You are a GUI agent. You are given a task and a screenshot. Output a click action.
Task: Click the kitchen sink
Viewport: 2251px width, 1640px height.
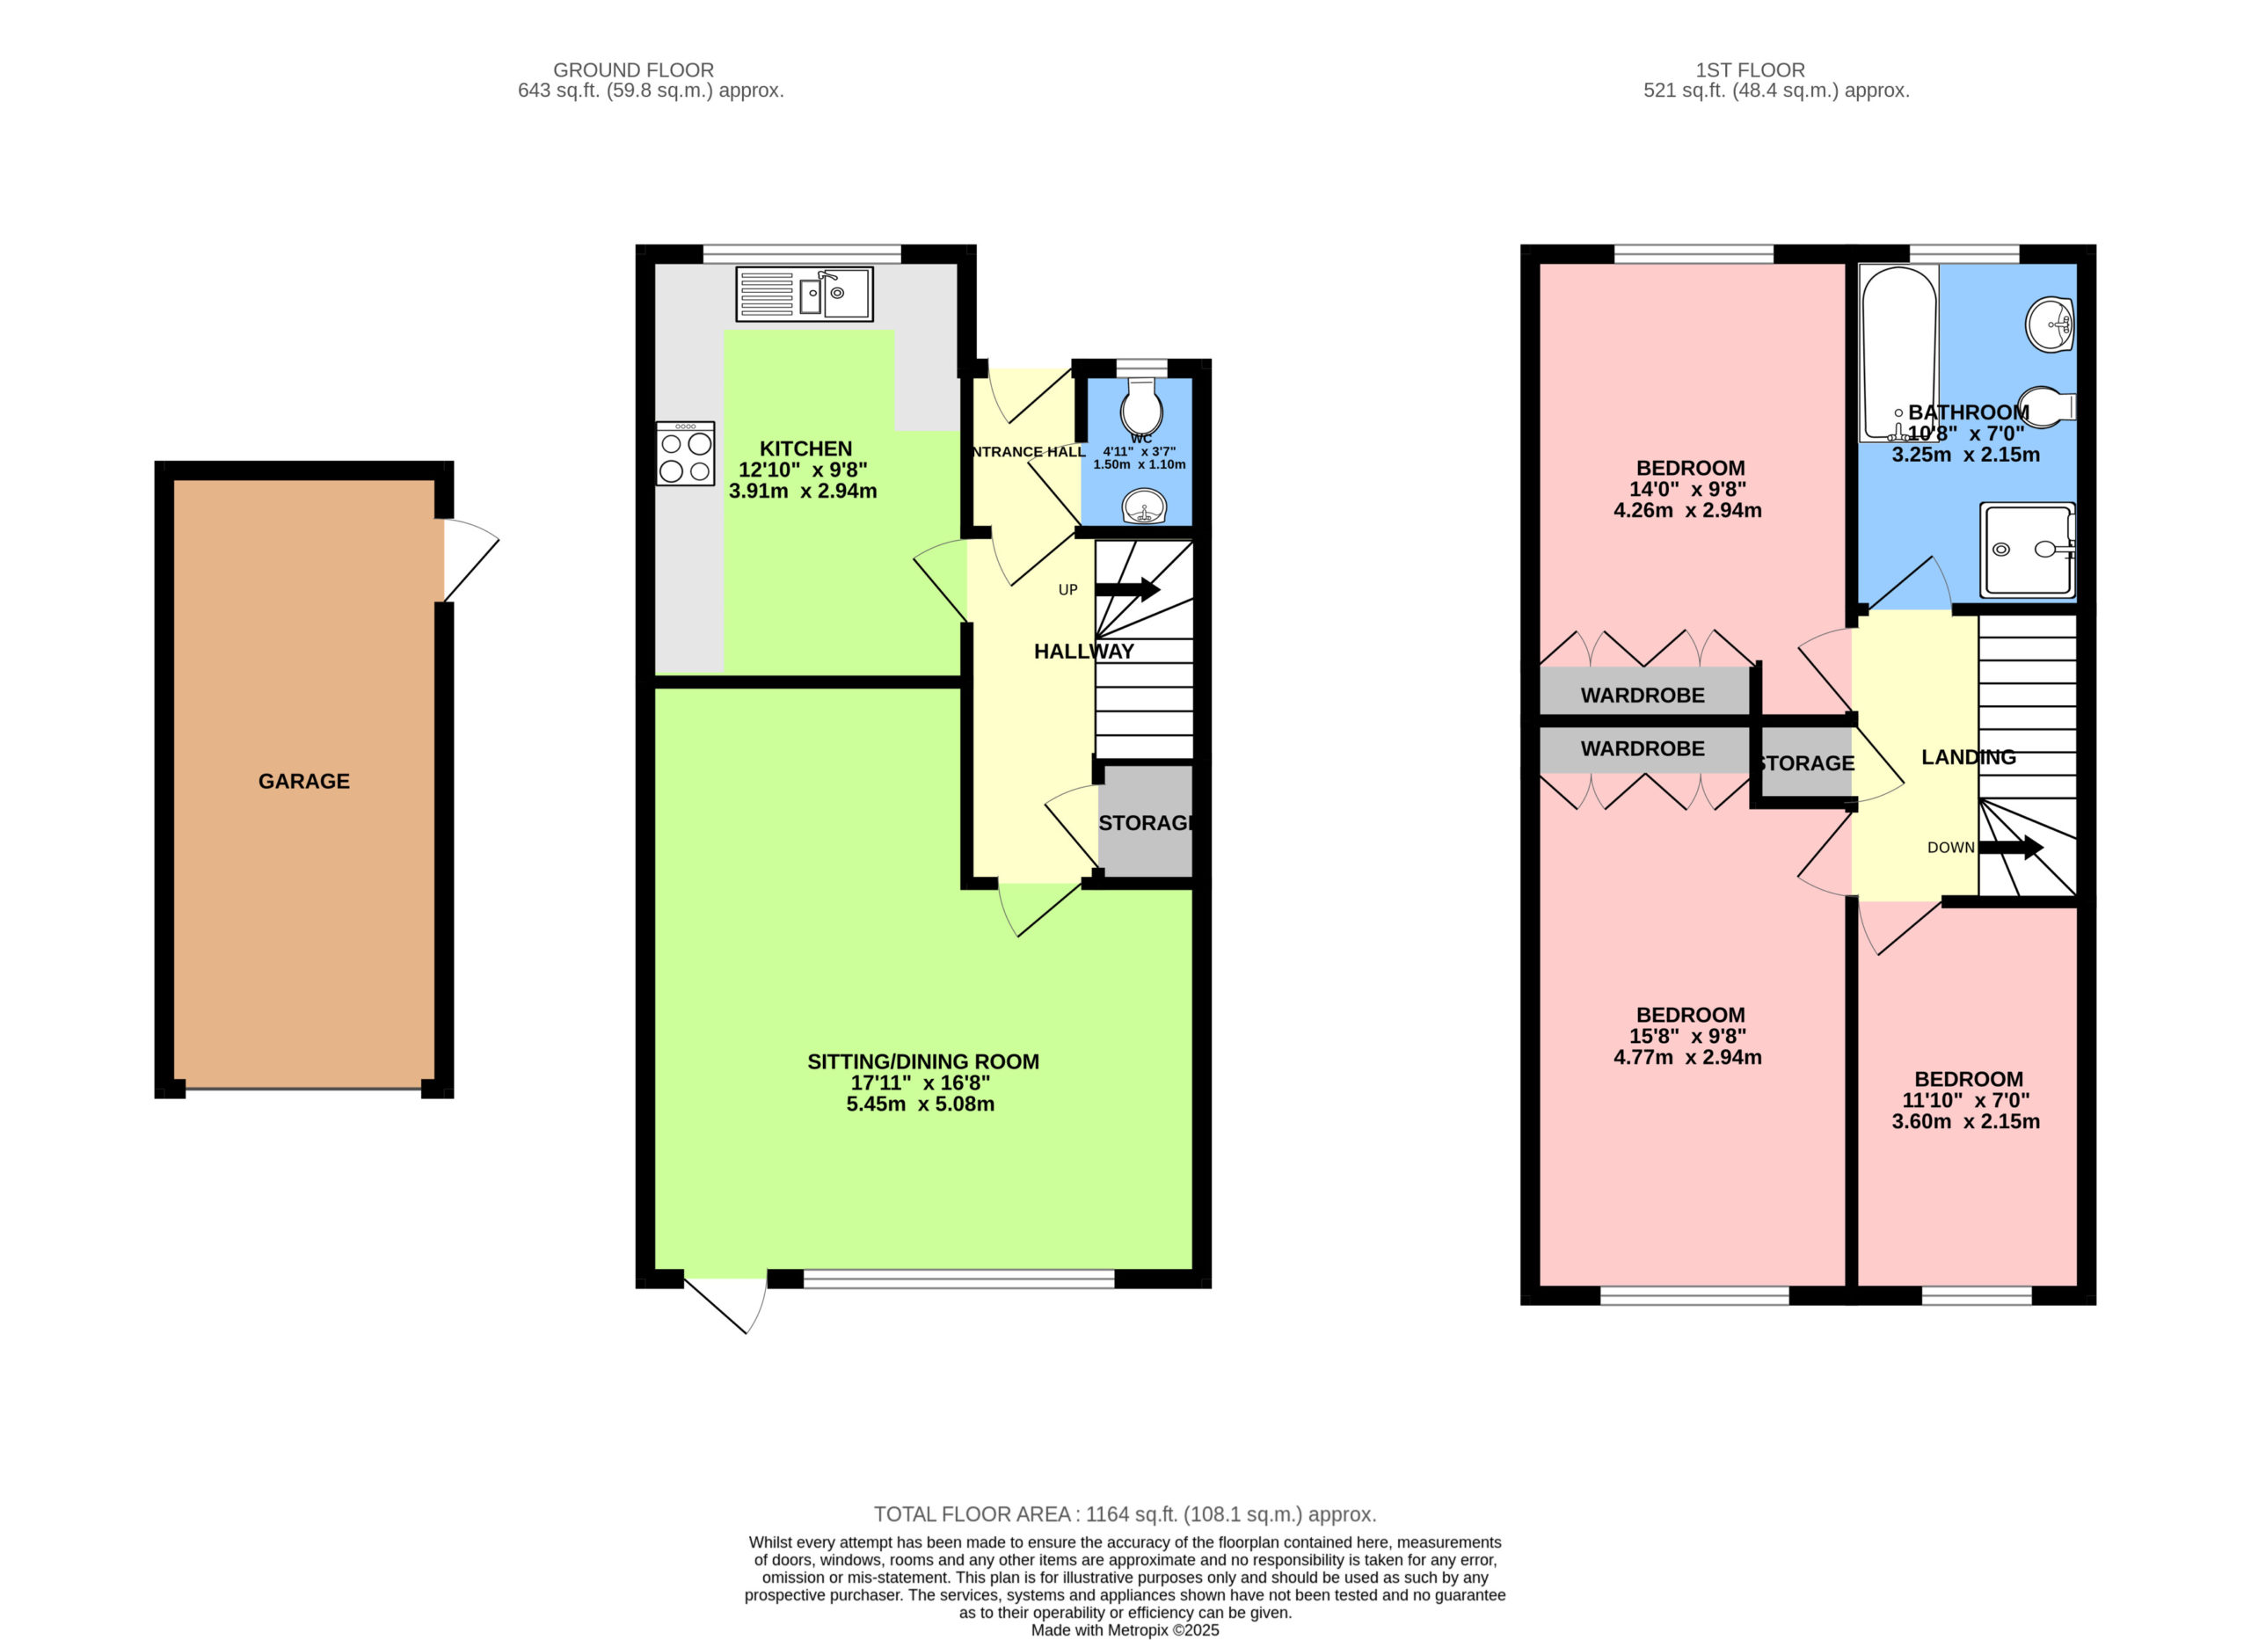tap(804, 294)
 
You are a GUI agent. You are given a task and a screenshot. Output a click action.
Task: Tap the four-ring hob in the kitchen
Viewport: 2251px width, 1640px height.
tap(685, 454)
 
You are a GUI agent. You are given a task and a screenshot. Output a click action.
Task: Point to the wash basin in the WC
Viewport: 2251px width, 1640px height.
tap(1144, 507)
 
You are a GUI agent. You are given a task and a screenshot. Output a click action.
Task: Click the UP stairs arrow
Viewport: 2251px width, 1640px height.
tap(1127, 590)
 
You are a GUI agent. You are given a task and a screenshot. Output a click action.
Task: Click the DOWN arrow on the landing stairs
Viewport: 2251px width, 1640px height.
tap(2011, 848)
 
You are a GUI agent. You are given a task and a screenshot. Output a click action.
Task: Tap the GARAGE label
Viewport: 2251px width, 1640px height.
tap(303, 781)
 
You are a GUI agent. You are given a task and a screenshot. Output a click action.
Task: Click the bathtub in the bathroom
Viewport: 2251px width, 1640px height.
tap(1898, 354)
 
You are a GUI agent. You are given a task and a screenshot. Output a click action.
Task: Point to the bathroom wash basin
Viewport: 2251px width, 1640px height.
tap(2051, 324)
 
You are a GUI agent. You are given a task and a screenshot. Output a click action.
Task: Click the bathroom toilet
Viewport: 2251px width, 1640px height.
tap(2046, 407)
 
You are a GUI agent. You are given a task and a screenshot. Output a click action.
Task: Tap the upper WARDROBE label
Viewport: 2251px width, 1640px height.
tap(1643, 695)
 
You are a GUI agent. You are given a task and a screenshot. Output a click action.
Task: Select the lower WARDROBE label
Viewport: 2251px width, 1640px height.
tap(1643, 748)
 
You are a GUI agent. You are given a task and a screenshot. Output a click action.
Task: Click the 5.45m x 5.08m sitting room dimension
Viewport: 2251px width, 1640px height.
tap(920, 1104)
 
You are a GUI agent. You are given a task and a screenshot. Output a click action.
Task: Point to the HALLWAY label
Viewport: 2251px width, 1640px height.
tap(1084, 652)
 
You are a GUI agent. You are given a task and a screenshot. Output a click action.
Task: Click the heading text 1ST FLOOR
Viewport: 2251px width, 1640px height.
tap(1750, 70)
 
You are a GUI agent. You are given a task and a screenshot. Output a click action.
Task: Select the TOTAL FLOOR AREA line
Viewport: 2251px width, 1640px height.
tap(1125, 1514)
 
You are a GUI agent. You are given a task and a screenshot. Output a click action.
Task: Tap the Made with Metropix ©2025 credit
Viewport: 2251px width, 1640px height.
tap(1125, 1630)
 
